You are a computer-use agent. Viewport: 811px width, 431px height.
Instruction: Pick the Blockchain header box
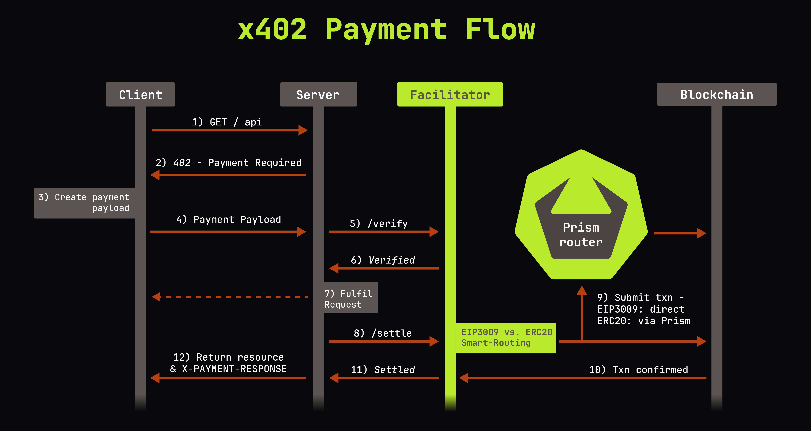717,94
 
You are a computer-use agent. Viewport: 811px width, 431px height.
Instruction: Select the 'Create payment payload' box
84,203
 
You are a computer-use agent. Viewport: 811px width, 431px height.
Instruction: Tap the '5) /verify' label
379,224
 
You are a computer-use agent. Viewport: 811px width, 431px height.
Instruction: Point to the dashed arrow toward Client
230,297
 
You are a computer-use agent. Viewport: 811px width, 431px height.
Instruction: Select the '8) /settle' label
383,333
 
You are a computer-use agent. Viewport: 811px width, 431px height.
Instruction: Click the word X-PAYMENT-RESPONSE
234,369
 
